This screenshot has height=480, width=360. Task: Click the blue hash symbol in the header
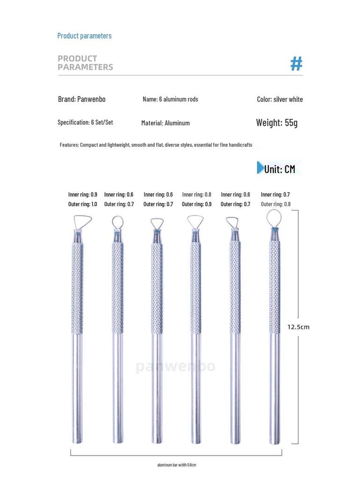[296, 63]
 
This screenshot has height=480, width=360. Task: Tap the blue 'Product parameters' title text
[84, 36]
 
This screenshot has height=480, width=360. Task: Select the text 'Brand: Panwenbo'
[82, 99]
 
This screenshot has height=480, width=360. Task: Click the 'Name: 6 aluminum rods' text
[170, 99]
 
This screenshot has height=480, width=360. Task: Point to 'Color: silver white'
[280, 99]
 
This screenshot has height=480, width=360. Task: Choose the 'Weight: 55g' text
[277, 123]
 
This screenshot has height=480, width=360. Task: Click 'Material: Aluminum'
[165, 123]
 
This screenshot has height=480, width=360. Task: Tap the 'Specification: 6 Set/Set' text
[85, 122]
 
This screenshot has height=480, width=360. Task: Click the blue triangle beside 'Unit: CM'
[260, 168]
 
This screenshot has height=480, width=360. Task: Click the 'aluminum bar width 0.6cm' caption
[176, 465]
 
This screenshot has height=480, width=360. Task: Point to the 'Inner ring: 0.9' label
[82, 194]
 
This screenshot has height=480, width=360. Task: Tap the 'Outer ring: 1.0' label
[82, 204]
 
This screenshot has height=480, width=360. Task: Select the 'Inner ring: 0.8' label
[196, 194]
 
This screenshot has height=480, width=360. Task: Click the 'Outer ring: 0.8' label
[276, 204]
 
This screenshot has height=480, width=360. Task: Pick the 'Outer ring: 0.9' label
[196, 204]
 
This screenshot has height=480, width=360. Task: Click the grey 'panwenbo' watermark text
[176, 366]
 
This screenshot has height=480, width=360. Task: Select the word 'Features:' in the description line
[69, 145]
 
